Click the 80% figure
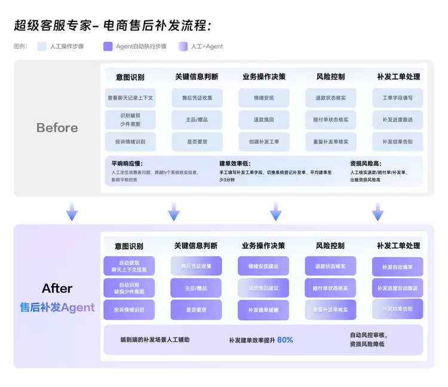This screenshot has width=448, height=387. [285, 340]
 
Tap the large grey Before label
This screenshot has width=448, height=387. [57, 127]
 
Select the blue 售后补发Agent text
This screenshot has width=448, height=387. [57, 308]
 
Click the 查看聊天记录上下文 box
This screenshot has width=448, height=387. [130, 98]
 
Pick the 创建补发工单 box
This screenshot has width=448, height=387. [263, 142]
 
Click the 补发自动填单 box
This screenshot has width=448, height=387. [397, 267]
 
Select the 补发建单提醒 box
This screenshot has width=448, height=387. [263, 310]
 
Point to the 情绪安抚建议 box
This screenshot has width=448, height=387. [263, 266]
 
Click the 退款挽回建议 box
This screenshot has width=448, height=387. [263, 288]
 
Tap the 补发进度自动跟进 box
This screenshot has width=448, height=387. [397, 288]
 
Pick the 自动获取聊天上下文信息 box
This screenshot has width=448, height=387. [129, 266]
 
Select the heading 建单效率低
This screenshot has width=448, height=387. [235, 163]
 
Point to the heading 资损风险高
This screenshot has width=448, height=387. [366, 163]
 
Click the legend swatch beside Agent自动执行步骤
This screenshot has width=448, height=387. [108, 46]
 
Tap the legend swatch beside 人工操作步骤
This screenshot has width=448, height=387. [42, 46]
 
